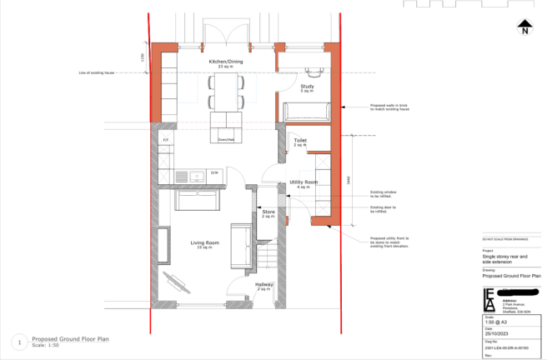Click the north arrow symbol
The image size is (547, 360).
tap(524, 27)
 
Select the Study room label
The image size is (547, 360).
tap(307, 87)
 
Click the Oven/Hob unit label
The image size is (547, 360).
tap(226, 140)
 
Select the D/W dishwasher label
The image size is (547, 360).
tap(214, 172)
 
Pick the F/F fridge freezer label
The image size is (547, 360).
tap(165, 140)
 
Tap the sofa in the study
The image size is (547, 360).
tap(307, 112)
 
